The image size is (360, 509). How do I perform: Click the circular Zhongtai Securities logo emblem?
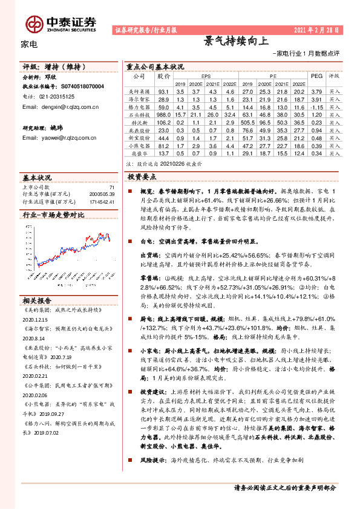pyautogui.click(x=34, y=23)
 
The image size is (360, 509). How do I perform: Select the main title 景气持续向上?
pyautogui.click(x=235, y=41)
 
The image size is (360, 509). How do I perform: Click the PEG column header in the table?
pyautogui.click(x=316, y=77)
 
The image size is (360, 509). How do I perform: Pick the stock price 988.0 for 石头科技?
pyautogui.click(x=163, y=114)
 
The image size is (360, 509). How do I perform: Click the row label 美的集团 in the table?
pyautogui.click(x=138, y=91)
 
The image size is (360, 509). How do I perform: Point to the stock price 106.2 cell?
pyautogui.click(x=163, y=122)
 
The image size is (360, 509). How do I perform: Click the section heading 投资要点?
pyautogui.click(x=142, y=177)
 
